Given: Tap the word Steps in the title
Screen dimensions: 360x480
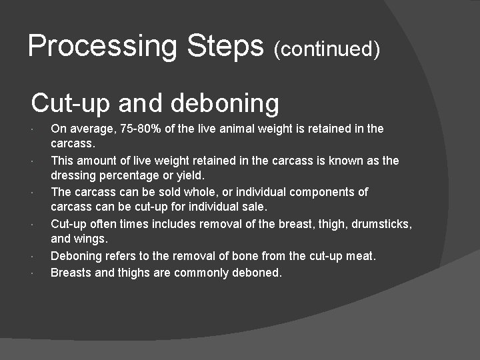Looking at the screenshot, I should [x=227, y=46].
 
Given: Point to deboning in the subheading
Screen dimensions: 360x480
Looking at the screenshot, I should [x=225, y=104].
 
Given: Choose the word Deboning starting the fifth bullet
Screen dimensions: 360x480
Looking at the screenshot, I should [x=76, y=257].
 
